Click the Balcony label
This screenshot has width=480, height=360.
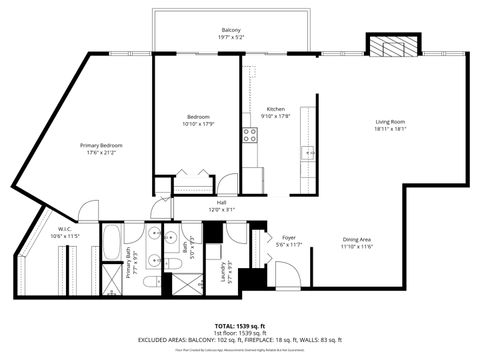230,31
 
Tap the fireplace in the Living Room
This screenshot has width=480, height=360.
390,45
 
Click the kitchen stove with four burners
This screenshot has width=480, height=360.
250,134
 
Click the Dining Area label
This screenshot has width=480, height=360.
357,239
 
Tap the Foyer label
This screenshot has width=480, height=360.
288,237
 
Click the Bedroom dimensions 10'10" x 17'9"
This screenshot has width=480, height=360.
197,124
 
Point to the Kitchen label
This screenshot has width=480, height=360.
276,109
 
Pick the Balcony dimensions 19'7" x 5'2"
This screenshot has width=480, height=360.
230,38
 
